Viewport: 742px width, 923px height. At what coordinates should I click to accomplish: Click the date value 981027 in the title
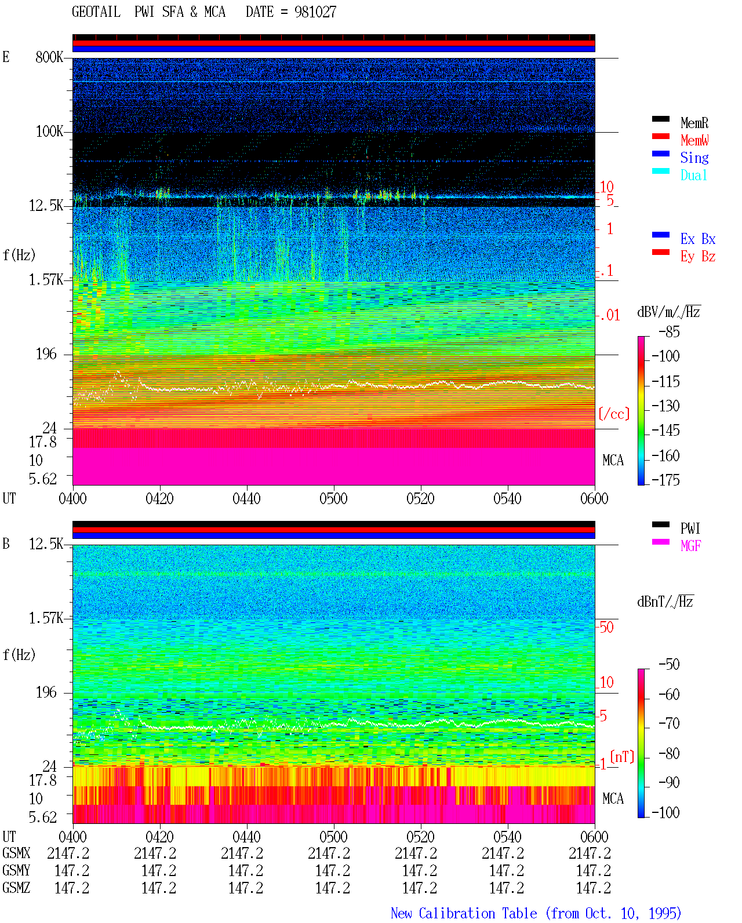[x=315, y=12]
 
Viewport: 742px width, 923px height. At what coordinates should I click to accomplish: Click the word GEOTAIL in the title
[x=96, y=12]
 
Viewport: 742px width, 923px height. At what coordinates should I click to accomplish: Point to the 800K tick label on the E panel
[x=49, y=57]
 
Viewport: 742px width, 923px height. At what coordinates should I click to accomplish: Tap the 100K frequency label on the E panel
[x=49, y=132]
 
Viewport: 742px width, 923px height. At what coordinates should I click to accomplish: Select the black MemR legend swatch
[x=660, y=119]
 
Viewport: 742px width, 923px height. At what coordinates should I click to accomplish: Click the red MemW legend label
[x=694, y=140]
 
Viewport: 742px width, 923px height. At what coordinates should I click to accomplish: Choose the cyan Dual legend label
[x=694, y=175]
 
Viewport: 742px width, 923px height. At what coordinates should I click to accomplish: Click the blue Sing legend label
[x=694, y=158]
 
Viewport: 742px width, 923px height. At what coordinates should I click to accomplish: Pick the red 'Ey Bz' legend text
[x=698, y=256]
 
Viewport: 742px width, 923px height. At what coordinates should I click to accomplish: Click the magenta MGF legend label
[x=690, y=546]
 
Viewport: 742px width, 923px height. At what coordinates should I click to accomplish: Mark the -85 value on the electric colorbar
[x=669, y=332]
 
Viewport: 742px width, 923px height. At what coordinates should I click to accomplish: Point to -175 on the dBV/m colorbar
[x=665, y=480]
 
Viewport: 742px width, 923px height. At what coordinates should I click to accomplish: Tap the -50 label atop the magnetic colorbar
[x=669, y=665]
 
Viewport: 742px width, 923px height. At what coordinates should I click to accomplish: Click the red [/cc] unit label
[x=614, y=414]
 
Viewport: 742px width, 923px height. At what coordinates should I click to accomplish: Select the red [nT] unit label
[x=622, y=757]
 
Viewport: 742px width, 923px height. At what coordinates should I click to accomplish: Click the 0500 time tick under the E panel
[x=333, y=499]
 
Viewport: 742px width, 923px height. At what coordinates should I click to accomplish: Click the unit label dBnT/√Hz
[x=665, y=602]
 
